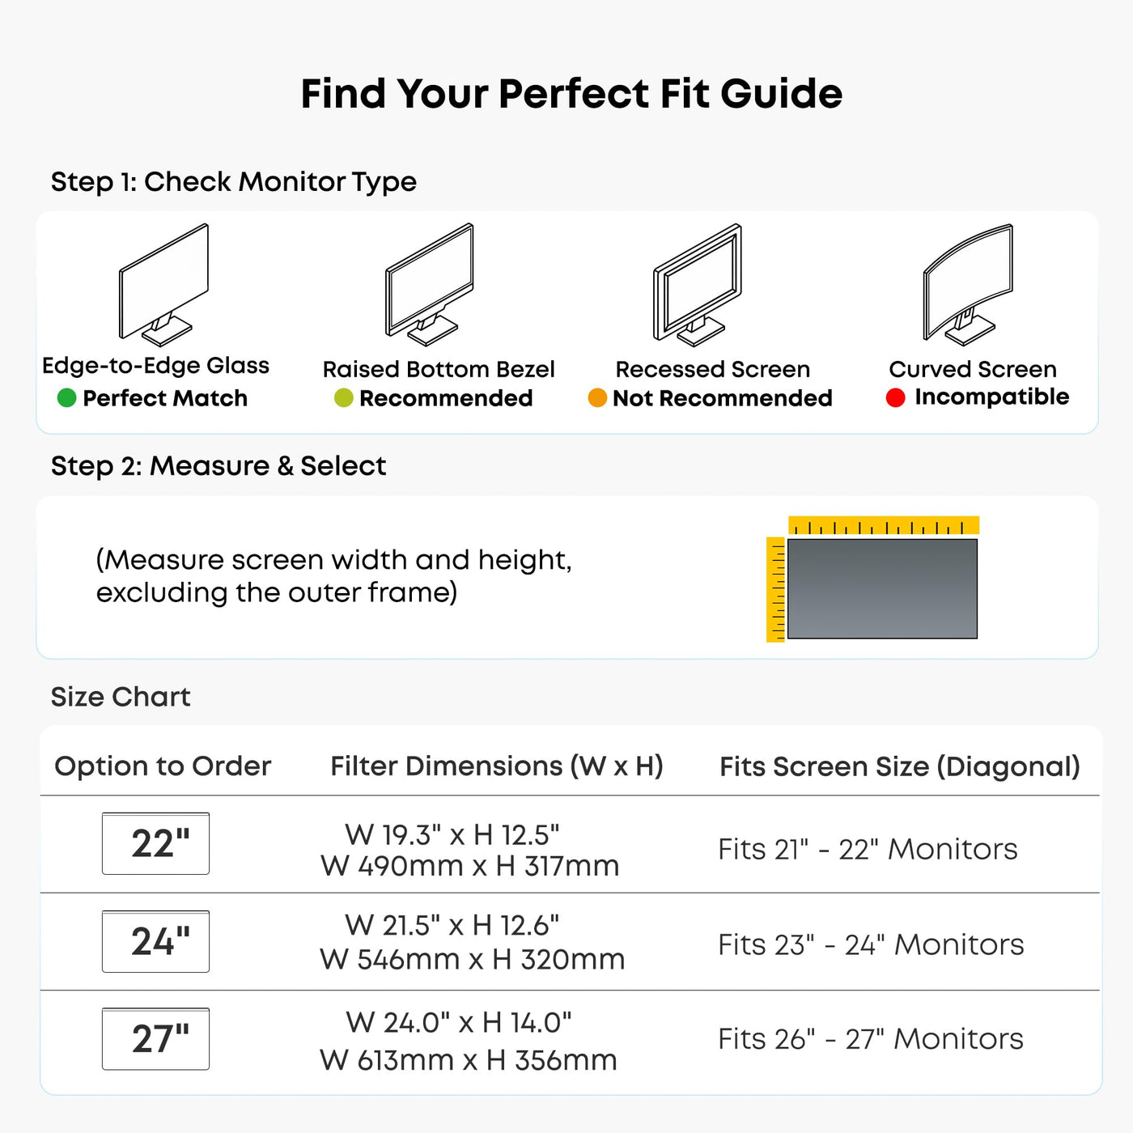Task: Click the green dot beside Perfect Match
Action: pyautogui.click(x=66, y=398)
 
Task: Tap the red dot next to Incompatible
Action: pyautogui.click(x=895, y=397)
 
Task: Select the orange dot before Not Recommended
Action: pyautogui.click(x=597, y=398)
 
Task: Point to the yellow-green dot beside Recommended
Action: pyautogui.click(x=343, y=398)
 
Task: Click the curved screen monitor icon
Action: pyautogui.click(x=968, y=285)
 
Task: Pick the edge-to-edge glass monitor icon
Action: pyautogui.click(x=164, y=285)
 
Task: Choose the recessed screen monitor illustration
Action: pyautogui.click(x=698, y=285)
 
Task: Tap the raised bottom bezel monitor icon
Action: pyautogui.click(x=430, y=285)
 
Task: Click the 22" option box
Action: pyautogui.click(x=156, y=843)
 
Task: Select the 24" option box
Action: pyautogui.click(x=156, y=940)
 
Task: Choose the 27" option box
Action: pyautogui.click(x=156, y=1038)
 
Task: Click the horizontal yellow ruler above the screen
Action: pyautogui.click(x=884, y=525)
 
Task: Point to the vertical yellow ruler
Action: pyautogui.click(x=775, y=589)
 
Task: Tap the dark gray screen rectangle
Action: pyautogui.click(x=883, y=588)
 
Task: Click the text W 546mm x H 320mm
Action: pyautogui.click(x=472, y=960)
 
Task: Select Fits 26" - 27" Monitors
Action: pyautogui.click(x=871, y=1039)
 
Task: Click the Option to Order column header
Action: pyautogui.click(x=163, y=766)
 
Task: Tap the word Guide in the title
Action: pyautogui.click(x=782, y=94)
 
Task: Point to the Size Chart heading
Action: pyautogui.click(x=121, y=697)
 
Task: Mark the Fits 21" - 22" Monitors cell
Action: pyautogui.click(x=868, y=849)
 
